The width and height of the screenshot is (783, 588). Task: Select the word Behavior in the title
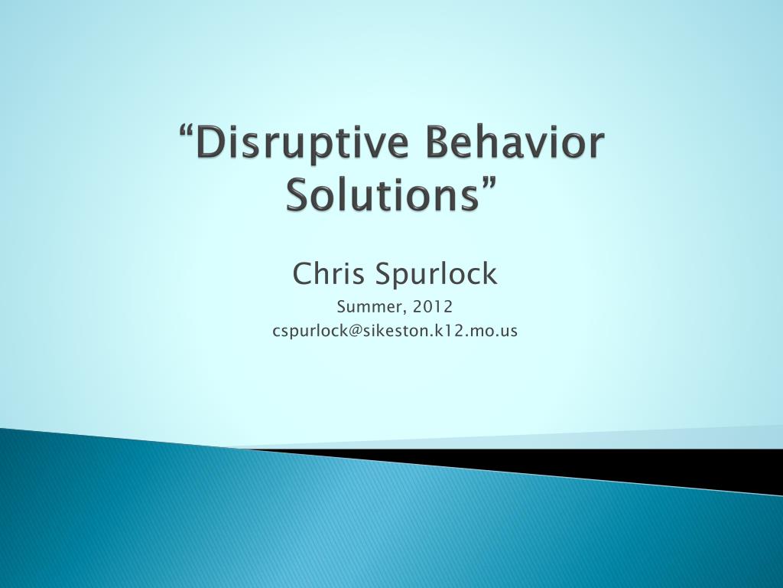coord(506,145)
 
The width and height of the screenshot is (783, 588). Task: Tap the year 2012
coord(433,307)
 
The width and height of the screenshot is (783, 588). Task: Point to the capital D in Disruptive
coord(213,145)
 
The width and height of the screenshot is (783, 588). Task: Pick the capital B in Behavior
coord(429,145)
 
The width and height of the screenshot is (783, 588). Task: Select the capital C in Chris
coord(302,273)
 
